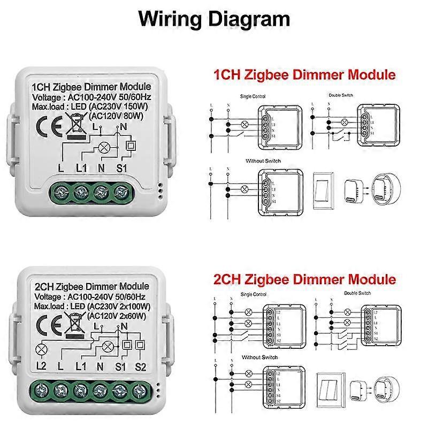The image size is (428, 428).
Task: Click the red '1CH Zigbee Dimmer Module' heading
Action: [x=304, y=75]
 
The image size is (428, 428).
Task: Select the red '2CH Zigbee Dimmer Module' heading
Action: [x=304, y=279]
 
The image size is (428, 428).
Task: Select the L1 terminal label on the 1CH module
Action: [x=81, y=169]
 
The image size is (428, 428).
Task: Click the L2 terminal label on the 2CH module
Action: [x=41, y=366]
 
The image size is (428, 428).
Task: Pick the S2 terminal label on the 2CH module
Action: [x=140, y=366]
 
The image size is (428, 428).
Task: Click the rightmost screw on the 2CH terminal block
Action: [x=140, y=389]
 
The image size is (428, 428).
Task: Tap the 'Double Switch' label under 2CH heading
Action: [x=357, y=293]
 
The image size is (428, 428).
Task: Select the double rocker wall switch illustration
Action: [x=328, y=387]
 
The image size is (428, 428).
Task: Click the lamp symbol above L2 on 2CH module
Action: [x=41, y=350]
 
